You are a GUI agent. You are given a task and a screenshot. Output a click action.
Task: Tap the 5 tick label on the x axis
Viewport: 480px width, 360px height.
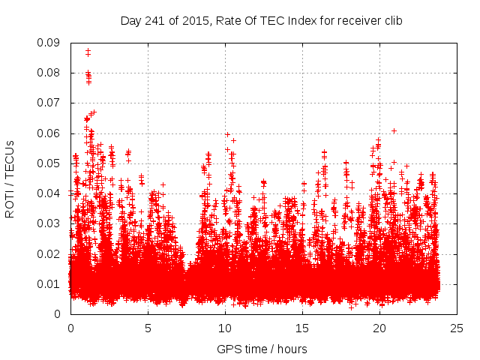[x=148, y=328]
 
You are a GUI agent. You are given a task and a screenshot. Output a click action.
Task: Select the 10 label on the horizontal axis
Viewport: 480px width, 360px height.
[x=225, y=328]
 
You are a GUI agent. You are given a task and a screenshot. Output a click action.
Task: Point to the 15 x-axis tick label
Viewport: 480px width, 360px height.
[x=302, y=328]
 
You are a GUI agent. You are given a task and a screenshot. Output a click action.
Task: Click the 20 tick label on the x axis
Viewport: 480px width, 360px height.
[x=379, y=328]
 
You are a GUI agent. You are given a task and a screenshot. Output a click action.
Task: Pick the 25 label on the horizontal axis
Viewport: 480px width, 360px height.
[x=457, y=328]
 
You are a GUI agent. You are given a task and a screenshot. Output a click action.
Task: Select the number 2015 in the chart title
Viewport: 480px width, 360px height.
[x=190, y=21]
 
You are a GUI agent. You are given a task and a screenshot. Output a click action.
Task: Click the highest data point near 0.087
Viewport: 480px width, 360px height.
[x=88, y=51]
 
